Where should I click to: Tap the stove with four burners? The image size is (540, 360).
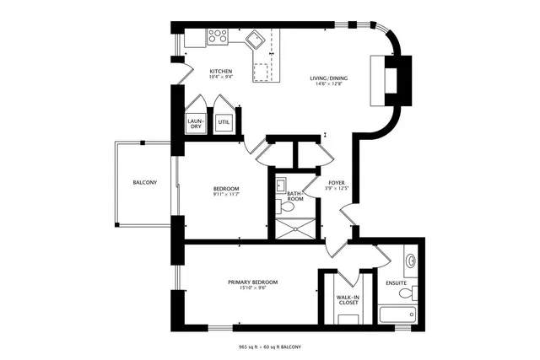pos(218,36)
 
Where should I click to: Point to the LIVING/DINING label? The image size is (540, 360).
pos(331,78)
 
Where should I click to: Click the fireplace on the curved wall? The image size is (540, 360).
pos(392,78)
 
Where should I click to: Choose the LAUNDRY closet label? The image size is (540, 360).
pos(195,123)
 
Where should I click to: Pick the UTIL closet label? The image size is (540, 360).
pos(224,121)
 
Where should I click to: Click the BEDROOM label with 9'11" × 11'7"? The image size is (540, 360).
pos(225,188)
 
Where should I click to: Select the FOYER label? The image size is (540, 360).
pos(336,182)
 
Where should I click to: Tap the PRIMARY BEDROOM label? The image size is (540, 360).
pos(252,282)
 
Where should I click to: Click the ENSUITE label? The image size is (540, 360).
pos(397,282)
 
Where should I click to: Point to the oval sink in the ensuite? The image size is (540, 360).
pos(410,260)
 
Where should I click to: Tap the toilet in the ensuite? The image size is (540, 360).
pos(408,293)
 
